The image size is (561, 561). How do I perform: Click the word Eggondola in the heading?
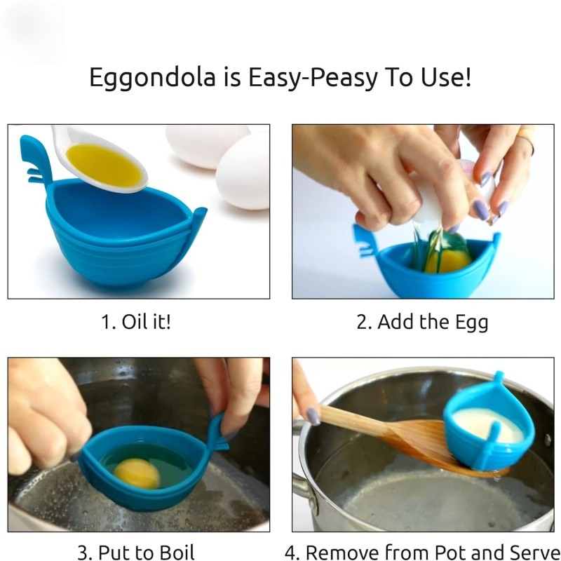pyautogui.click(x=152, y=78)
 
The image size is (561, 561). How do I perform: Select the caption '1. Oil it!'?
pyautogui.click(x=136, y=321)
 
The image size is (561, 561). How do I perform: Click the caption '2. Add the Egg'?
pyautogui.click(x=422, y=322)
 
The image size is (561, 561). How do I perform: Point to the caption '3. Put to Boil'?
pyautogui.click(x=136, y=552)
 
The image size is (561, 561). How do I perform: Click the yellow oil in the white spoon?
pyautogui.click(x=104, y=165)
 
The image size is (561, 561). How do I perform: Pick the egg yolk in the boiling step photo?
pyautogui.click(x=137, y=473)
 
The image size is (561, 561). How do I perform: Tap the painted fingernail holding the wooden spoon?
pyautogui.click(x=313, y=417)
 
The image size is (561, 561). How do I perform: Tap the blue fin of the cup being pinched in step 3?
pyautogui.click(x=217, y=433)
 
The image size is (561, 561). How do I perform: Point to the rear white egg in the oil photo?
pyautogui.click(x=208, y=145)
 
